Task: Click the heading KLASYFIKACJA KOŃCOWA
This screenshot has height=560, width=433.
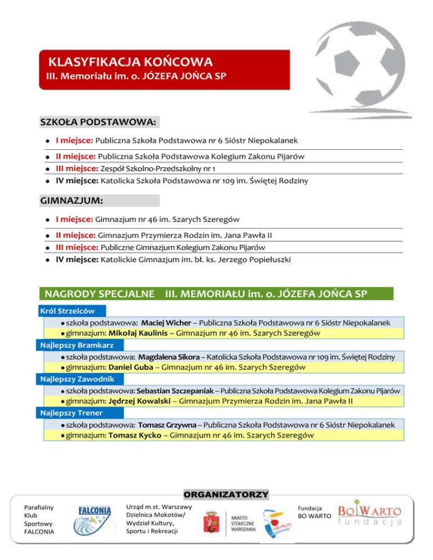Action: pyautogui.click(x=130, y=61)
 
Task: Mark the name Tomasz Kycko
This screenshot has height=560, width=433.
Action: pyautogui.click(x=135, y=435)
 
